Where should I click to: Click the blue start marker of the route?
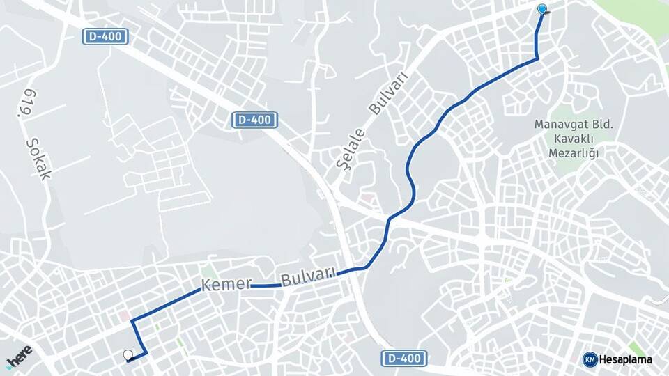tap(542, 10)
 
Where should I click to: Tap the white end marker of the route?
tap(128, 355)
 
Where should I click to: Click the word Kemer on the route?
tap(225, 285)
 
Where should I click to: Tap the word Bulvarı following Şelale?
tap(387, 94)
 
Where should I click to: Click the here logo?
tap(19, 357)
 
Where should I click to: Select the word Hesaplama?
tap(626, 359)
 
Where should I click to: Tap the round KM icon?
tap(590, 359)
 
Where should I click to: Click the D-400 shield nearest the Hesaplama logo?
tap(403, 359)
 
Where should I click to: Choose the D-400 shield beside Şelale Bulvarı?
tap(254, 120)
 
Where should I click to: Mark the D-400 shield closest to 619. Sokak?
tap(106, 37)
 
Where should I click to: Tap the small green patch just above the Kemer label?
tap(207, 271)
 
